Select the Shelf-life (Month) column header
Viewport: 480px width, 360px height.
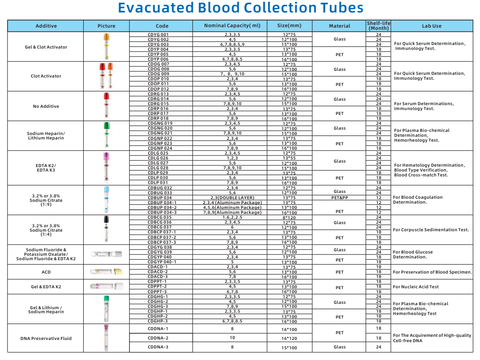coord(378,25)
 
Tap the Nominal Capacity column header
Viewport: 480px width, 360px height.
coord(232,26)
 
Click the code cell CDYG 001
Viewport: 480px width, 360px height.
coord(158,34)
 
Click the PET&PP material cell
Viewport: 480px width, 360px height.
coord(339,197)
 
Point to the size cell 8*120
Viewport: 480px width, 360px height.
coord(289,217)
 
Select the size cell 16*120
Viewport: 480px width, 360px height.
coord(289,338)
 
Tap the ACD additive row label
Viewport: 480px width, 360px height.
coord(46,272)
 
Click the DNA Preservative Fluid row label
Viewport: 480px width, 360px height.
coord(46,338)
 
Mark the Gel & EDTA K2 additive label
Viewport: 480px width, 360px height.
coord(46,287)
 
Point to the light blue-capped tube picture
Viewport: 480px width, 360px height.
coord(106,200)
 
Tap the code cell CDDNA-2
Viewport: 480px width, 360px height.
coord(158,338)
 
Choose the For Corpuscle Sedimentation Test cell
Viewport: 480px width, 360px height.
coord(431,230)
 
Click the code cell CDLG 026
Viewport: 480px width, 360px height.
coord(158,158)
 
